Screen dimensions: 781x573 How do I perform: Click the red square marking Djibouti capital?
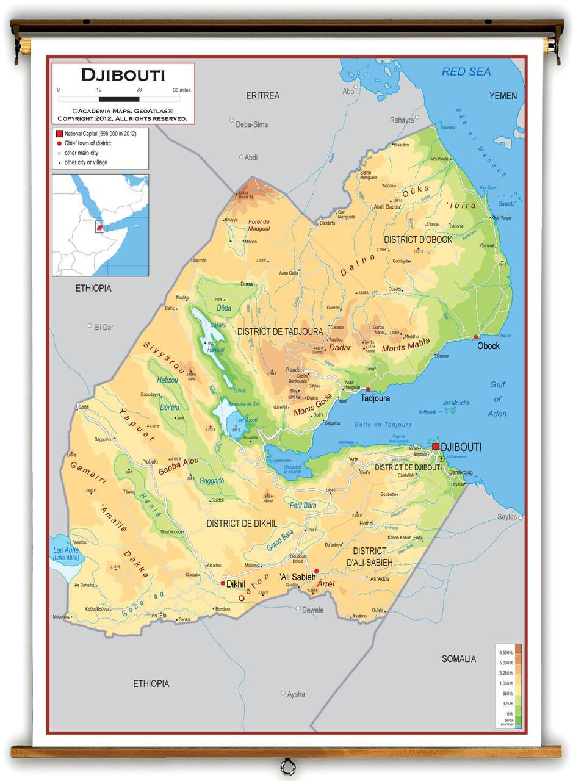point(436,447)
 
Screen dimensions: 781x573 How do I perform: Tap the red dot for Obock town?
point(476,337)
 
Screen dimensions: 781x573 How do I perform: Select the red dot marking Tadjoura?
point(368,389)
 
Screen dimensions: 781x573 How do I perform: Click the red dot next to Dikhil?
point(223,583)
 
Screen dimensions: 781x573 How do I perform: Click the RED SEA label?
point(466,72)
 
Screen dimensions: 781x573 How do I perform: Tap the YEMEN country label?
point(503,96)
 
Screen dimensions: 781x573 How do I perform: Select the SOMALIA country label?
point(458,658)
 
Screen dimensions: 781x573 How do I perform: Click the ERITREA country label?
point(262,95)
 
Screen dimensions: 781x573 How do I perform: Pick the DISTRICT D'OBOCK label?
point(418,240)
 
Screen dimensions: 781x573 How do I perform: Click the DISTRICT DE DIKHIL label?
point(242,524)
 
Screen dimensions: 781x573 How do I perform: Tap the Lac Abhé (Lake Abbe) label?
point(66,553)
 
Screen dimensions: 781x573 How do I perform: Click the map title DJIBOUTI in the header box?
point(123,75)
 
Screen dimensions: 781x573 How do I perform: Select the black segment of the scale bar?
point(118,99)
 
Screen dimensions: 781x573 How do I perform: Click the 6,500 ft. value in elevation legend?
point(505,653)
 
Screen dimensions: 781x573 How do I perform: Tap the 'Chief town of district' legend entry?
point(87,143)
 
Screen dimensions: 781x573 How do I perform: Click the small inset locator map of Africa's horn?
point(100,225)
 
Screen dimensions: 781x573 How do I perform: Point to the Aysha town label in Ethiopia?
point(296,694)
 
